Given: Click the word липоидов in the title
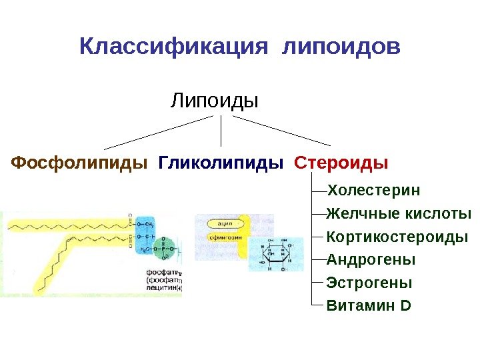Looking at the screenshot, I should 342,47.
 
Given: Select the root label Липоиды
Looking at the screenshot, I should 215,101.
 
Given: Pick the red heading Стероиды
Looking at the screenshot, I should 341,163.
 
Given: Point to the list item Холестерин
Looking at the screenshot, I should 374,191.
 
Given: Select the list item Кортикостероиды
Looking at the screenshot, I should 397,237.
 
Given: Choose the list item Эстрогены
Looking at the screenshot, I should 369,283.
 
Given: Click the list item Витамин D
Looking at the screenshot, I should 369,306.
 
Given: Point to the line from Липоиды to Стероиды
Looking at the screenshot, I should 281,131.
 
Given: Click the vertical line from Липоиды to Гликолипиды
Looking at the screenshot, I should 221,131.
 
